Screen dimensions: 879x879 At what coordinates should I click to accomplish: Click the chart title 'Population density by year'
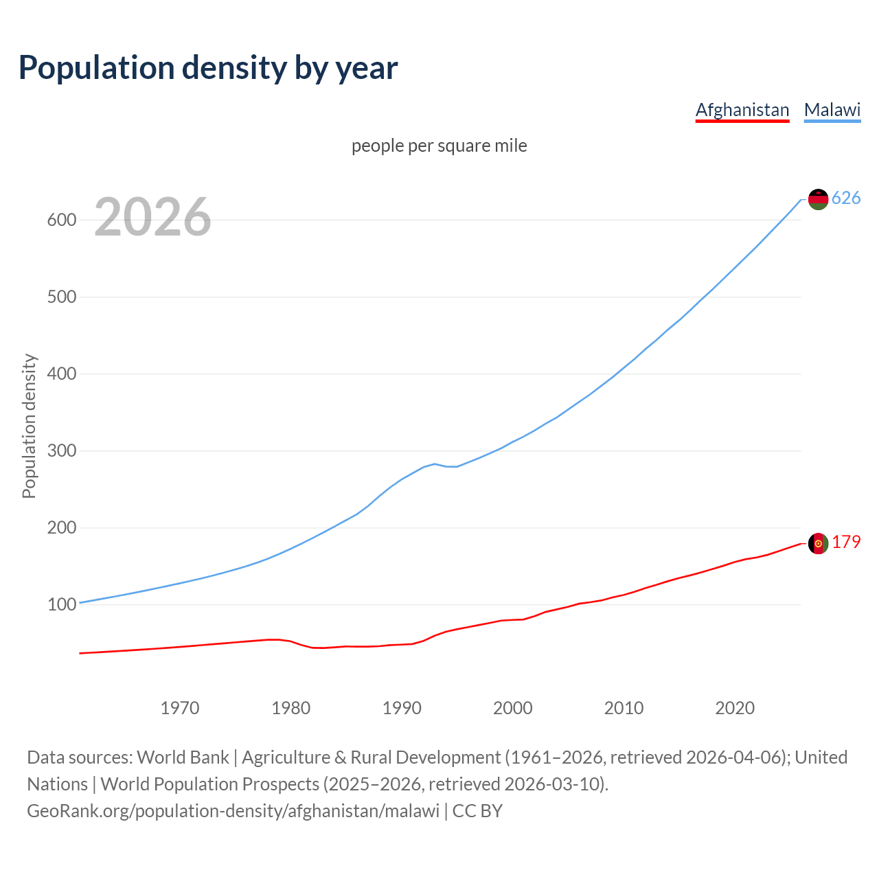pos(208,67)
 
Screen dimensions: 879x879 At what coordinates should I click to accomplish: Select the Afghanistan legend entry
pos(742,110)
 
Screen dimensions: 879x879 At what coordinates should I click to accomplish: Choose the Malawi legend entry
pos(832,110)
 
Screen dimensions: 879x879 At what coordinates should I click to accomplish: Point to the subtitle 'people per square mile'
pos(439,146)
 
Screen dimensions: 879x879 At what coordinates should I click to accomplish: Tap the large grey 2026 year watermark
pos(152,217)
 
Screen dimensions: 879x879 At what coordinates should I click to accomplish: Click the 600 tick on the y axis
pos(61,220)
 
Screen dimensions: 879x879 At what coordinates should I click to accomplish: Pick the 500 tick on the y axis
pos(61,297)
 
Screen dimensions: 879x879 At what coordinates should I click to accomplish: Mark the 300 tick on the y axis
pos(61,451)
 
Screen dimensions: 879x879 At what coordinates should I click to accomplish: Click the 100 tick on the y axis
pos(61,605)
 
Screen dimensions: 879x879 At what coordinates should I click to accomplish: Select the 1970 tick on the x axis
pos(180,707)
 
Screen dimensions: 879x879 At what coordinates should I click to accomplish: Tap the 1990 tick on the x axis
pos(402,707)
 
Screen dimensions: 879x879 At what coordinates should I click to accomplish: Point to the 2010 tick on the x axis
pos(624,707)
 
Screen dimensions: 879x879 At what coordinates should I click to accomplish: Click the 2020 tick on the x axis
pos(735,707)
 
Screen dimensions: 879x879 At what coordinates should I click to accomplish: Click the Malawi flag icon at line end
pos(818,199)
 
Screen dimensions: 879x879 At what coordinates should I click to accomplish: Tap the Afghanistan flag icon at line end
pos(818,543)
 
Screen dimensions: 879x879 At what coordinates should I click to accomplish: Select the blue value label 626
pos(846,198)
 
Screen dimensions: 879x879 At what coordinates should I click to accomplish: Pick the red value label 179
pos(846,543)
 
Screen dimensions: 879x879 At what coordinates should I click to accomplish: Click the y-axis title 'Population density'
pos(29,426)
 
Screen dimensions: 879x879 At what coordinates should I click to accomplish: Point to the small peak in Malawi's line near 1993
pos(435,464)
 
